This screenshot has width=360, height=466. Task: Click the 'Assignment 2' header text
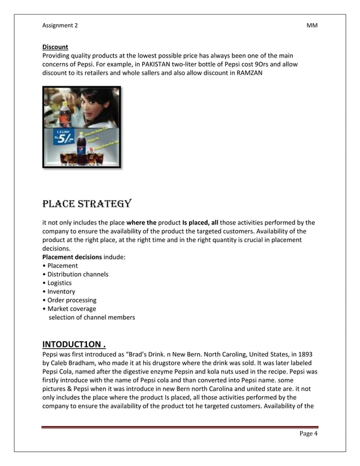coord(60,25)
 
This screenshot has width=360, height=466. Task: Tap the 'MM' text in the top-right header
coord(312,25)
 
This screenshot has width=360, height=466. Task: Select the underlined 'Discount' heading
coord(55,47)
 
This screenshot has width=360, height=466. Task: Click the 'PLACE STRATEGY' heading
coord(87,203)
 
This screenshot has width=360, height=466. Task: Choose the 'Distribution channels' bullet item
coord(77,274)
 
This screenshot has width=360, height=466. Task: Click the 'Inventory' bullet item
coord(61,292)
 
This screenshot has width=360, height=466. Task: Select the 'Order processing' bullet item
coord(72,300)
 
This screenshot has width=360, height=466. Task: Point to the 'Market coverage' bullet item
coord(72,309)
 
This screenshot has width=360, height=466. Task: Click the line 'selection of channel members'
coord(91,317)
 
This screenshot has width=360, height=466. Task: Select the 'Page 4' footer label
coord(308,434)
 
